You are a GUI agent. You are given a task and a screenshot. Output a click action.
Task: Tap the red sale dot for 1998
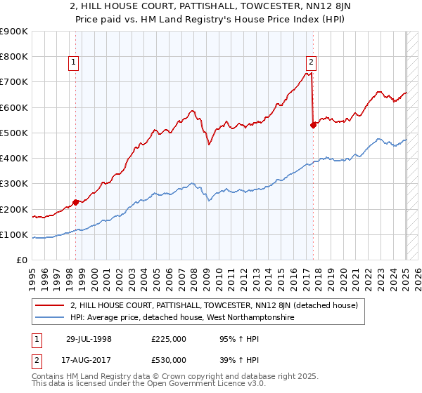pos(75,203)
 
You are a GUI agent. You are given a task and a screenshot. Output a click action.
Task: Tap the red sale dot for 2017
pos(314,126)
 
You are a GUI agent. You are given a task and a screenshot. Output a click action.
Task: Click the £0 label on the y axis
pos(21,260)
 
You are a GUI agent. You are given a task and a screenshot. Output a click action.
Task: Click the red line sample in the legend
pos(50,305)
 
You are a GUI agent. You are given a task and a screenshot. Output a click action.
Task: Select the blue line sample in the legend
pos(50,318)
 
